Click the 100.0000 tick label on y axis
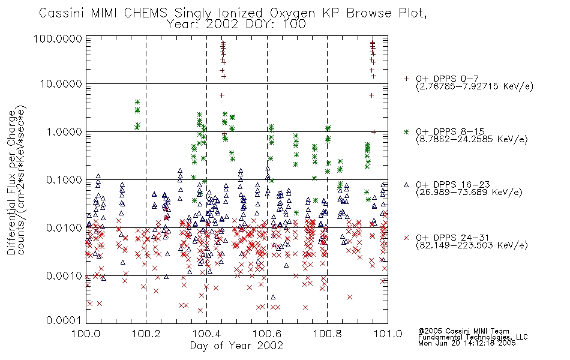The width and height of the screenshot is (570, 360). pos(58,38)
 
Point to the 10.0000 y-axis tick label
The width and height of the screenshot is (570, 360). pos(61,84)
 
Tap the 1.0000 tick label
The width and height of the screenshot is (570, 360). pos(64,131)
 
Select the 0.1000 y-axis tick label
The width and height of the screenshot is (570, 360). pos(64,179)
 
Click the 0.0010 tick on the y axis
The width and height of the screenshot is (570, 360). pos(64,275)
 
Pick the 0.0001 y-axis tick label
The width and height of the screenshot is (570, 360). pos(64,320)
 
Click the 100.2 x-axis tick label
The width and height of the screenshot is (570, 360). pos(146,334)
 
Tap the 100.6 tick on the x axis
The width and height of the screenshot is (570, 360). pos(267,334)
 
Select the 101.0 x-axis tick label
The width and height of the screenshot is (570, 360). pos(388,334)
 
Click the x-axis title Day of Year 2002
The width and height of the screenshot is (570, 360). pos(236,346)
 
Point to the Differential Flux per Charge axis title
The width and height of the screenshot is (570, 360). pos(11,182)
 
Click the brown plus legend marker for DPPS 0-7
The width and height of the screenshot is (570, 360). pos(406,79)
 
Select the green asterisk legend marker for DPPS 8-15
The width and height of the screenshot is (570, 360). pos(406,131)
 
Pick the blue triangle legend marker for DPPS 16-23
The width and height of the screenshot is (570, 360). pos(406,185)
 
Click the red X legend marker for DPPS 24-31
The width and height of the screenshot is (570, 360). pos(406,238)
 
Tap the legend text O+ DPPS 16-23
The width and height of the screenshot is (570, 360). pos(453,185)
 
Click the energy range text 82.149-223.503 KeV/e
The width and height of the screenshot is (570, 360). pos(472,245)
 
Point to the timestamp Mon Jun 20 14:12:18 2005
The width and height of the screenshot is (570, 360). pos(467,343)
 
